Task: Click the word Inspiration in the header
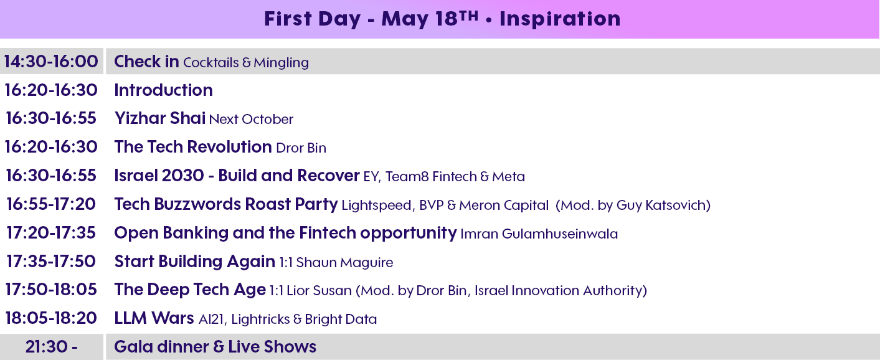[x=560, y=19]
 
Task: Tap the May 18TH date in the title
[x=430, y=19]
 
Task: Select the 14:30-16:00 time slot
[x=51, y=61]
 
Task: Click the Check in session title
[x=146, y=61]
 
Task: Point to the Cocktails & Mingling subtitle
[x=246, y=62]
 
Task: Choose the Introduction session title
[x=163, y=90]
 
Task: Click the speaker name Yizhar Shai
[x=160, y=118]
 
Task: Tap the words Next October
[x=251, y=119]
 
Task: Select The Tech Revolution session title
[x=193, y=147]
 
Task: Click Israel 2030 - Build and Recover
[x=237, y=175]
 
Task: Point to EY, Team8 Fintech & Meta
[x=444, y=177]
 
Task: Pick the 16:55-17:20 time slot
[x=51, y=204]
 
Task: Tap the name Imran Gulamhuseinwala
[x=539, y=234]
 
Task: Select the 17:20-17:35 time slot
[x=51, y=233]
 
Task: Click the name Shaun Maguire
[x=344, y=263]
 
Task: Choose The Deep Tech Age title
[x=190, y=290]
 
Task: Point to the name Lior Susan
[x=319, y=291]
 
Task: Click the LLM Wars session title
[x=154, y=318]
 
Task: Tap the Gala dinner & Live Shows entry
[x=215, y=347]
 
